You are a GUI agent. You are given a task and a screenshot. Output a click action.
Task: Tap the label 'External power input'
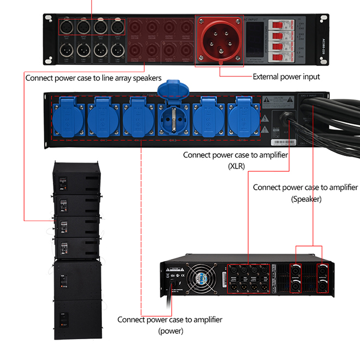pos(286,77)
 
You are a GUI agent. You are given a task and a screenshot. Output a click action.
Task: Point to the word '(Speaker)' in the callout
pos(306,199)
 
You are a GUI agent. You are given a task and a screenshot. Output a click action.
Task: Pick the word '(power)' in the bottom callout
pos(170,331)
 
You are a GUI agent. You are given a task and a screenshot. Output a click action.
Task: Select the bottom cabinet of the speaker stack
pos(77,319)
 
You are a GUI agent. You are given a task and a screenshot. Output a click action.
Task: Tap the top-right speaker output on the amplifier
pos(323,268)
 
